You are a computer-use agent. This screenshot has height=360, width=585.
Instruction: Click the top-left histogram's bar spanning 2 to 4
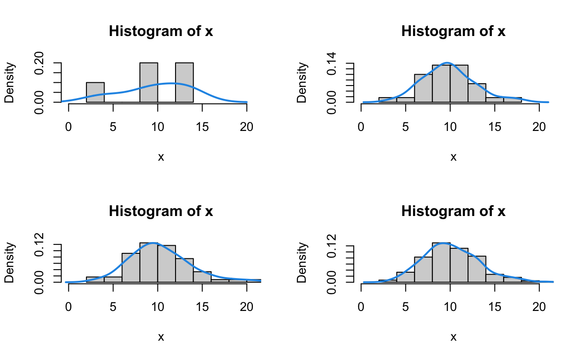click(95, 92)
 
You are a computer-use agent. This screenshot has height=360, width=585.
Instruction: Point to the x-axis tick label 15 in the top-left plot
click(202, 127)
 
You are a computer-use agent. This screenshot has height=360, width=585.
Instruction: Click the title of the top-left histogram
click(161, 32)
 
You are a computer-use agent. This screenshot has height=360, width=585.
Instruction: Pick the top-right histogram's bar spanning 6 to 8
click(423, 88)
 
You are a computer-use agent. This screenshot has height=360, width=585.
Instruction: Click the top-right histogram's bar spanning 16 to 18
click(513, 100)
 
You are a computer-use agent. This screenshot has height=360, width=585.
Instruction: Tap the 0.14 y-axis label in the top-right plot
click(332, 63)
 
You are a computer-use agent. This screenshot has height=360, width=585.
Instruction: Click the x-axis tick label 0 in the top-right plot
click(361, 127)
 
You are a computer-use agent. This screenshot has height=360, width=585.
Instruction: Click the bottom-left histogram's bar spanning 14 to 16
click(202, 277)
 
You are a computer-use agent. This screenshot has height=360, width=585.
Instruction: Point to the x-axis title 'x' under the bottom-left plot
click(161, 337)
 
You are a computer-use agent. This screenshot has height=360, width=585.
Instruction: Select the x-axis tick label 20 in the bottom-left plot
click(247, 307)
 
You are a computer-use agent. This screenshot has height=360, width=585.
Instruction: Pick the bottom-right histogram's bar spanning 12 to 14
click(477, 269)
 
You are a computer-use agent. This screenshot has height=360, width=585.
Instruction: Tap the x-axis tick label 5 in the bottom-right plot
click(405, 307)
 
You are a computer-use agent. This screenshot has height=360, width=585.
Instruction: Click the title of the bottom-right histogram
click(453, 211)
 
